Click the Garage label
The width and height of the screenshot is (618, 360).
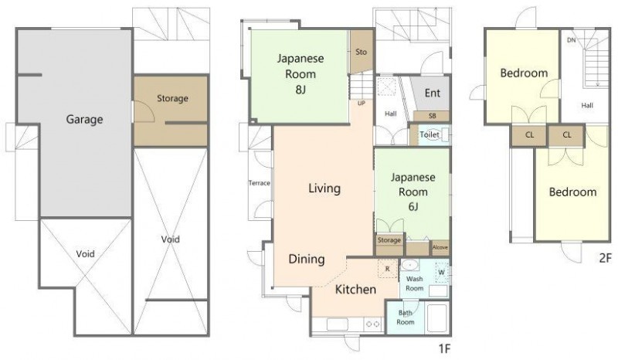(84, 119)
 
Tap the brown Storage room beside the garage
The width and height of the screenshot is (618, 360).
(171, 111)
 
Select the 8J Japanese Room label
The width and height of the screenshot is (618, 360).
(301, 73)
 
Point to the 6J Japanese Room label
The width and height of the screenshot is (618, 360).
(413, 192)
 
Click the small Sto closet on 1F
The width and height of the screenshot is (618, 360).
(362, 52)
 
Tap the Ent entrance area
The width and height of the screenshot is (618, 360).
(432, 93)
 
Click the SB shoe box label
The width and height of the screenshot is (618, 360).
(433, 117)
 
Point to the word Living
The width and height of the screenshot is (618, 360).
(324, 188)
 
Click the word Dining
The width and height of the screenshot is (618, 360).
(307, 259)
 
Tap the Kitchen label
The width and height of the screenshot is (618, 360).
(355, 290)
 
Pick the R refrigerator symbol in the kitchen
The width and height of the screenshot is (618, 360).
(388, 269)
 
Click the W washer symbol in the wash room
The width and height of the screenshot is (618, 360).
(441, 272)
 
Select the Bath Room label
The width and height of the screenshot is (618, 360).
(405, 318)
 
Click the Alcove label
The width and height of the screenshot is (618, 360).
(440, 247)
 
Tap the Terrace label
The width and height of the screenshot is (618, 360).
(260, 183)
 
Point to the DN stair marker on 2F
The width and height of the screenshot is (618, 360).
(571, 40)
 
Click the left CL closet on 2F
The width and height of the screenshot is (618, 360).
(529, 136)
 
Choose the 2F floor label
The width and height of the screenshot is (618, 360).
(605, 258)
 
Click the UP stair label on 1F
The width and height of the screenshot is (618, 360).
(361, 104)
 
